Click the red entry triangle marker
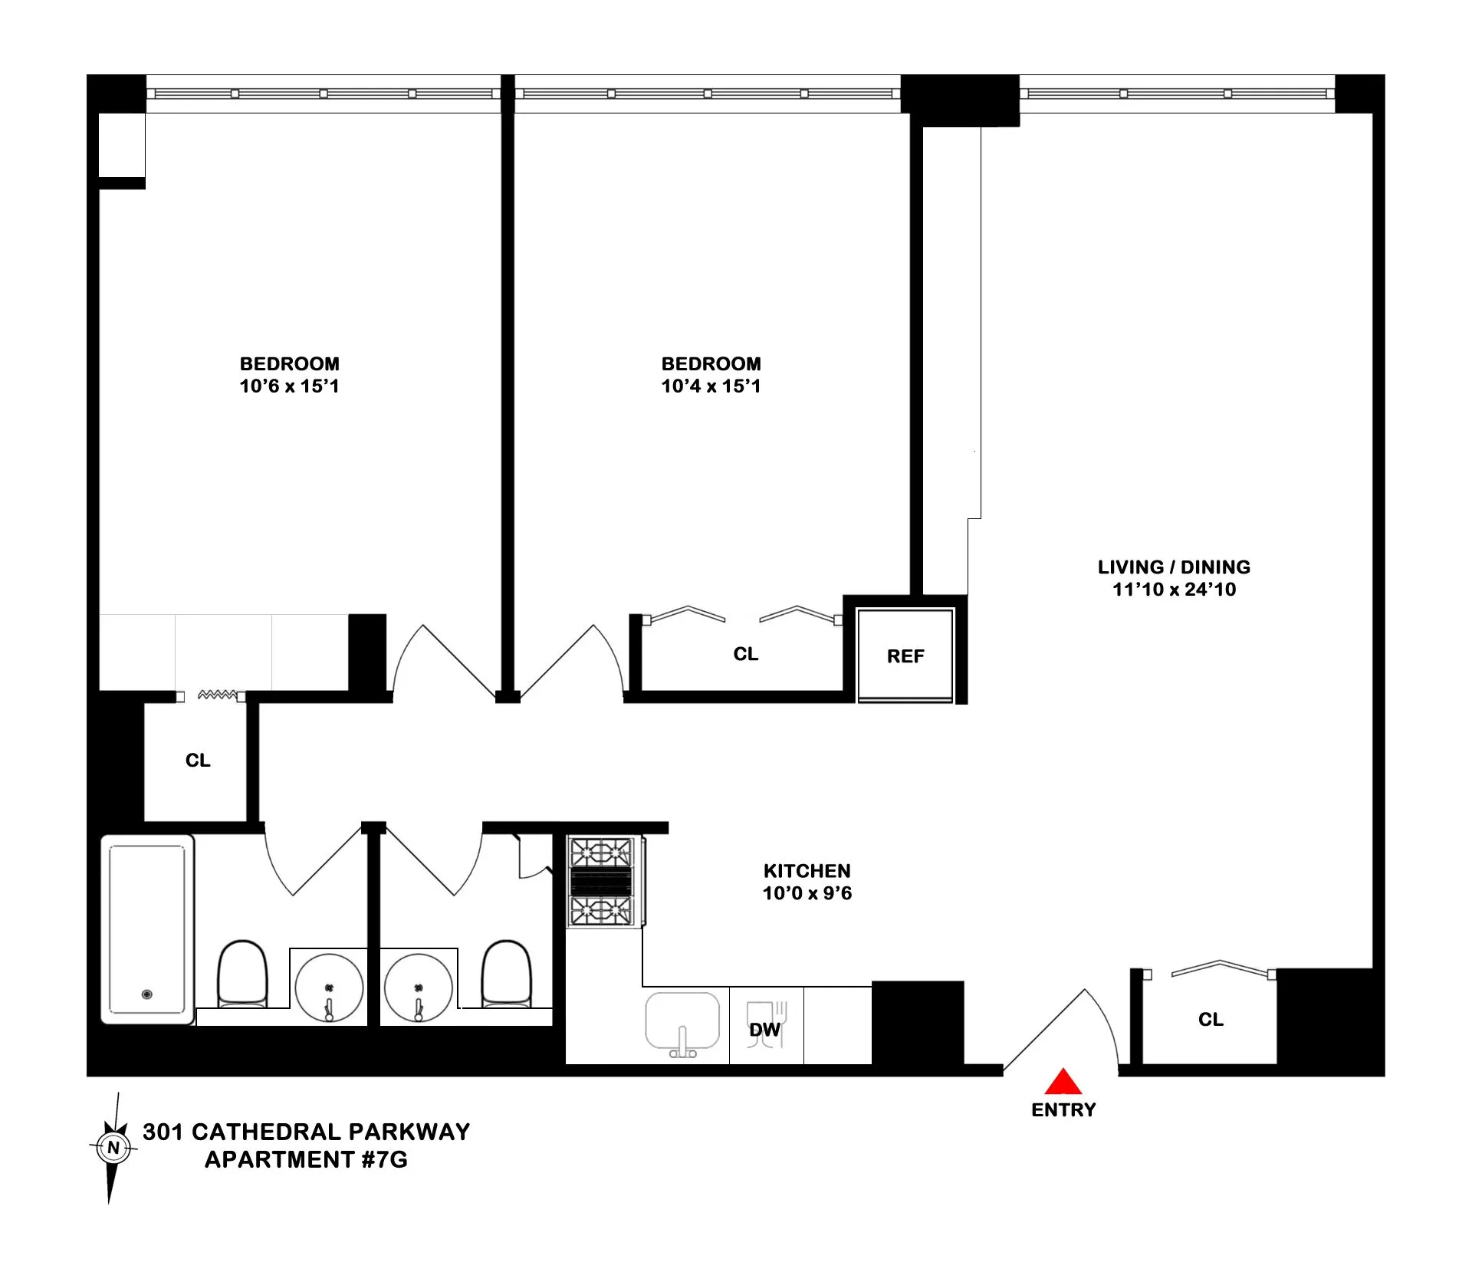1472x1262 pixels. [1063, 1083]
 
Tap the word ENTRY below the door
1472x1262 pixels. [1063, 1109]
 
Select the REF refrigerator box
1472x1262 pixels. [905, 656]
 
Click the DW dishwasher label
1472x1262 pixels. [764, 1030]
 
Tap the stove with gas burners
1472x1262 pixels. [602, 881]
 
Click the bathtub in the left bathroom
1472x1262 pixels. [147, 929]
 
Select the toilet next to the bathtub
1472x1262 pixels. [243, 974]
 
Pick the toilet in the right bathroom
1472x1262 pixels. [506, 974]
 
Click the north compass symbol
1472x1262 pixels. [113, 1148]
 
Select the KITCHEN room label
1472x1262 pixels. [807, 871]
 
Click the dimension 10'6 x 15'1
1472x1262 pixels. [289, 386]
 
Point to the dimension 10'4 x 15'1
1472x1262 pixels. [711, 386]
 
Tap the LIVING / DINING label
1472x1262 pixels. [1174, 567]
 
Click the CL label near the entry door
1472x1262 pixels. [1211, 1019]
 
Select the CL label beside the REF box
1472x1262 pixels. [745, 654]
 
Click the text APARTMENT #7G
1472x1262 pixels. [306, 1159]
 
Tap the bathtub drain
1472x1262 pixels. [147, 994]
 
